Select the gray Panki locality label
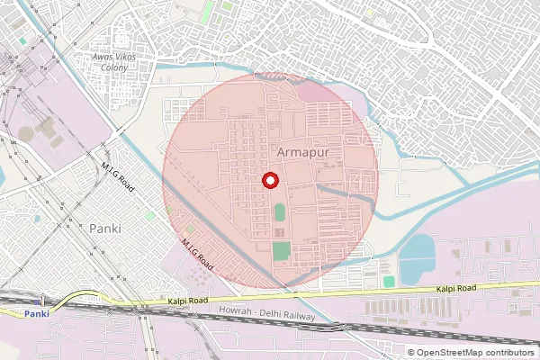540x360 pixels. (x=105, y=228)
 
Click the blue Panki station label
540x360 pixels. (x=36, y=313)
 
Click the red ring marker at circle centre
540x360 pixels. (x=269, y=180)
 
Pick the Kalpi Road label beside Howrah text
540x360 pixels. (x=187, y=301)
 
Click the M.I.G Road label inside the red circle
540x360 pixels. (x=196, y=255)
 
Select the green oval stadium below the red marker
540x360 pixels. (x=279, y=213)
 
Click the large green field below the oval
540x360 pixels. (x=282, y=251)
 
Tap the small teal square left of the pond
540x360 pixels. (x=388, y=282)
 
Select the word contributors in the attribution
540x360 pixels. (x=509, y=352)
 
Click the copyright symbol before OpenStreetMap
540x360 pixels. (x=410, y=352)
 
